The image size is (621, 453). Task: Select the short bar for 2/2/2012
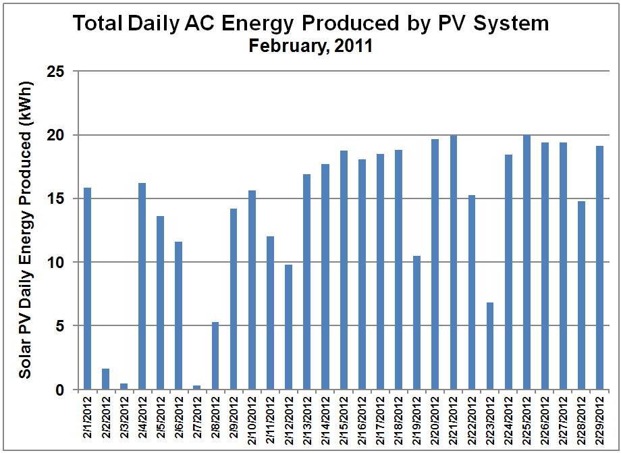click(x=106, y=379)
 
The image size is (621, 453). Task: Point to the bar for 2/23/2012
click(x=490, y=346)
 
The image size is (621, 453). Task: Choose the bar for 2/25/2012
click(x=526, y=263)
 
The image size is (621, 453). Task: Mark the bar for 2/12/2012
click(x=289, y=327)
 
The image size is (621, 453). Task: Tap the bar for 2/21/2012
click(x=454, y=263)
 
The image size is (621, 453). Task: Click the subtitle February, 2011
click(x=310, y=47)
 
